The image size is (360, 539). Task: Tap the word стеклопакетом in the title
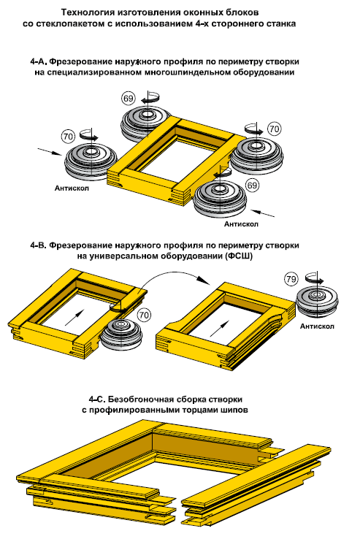[x=74, y=23]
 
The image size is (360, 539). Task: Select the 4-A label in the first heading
[x=38, y=62]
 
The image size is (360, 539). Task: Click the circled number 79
[x=291, y=279]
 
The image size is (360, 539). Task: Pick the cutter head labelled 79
[x=318, y=302]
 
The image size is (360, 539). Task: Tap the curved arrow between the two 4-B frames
[x=175, y=277]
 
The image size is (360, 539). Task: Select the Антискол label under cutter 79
[x=317, y=326]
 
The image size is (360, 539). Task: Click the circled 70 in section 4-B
[x=144, y=315]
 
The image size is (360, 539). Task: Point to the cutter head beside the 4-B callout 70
[x=123, y=335]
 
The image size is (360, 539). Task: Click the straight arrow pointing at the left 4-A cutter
[x=50, y=152]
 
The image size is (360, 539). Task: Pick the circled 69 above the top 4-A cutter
[x=128, y=99]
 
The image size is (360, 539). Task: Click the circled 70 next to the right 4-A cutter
[x=274, y=129]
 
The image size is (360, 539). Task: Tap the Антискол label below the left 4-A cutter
[x=72, y=188]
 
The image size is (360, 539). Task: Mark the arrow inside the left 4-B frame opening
[x=74, y=316]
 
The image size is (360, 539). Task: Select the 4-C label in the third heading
[x=96, y=400]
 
